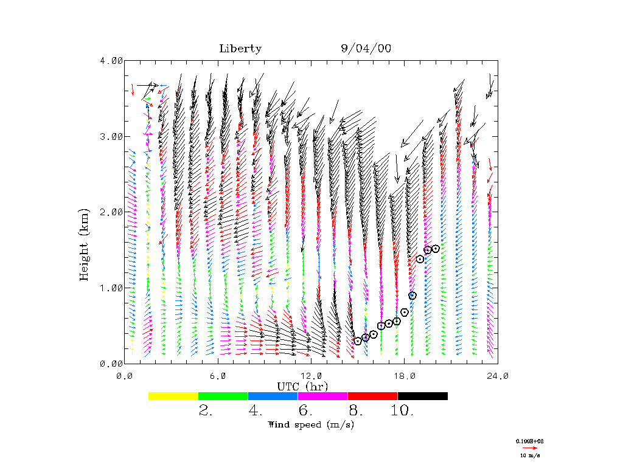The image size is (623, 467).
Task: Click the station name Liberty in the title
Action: tap(240, 49)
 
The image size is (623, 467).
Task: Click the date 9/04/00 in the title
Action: tap(366, 49)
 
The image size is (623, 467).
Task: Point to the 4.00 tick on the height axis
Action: tap(111, 60)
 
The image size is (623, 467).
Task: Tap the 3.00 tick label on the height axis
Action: tap(111, 136)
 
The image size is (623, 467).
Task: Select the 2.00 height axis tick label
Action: tap(111, 212)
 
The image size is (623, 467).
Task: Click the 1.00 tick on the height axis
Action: tap(111, 288)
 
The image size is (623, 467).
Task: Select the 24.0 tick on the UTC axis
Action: tap(498, 376)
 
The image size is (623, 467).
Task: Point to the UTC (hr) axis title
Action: tap(302, 387)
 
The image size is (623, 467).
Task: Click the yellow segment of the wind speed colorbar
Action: tap(173, 396)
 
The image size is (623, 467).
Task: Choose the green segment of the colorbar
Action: tap(223, 396)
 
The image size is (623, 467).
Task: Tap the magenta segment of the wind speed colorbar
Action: tap(323, 396)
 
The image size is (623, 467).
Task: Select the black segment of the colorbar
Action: tap(423, 396)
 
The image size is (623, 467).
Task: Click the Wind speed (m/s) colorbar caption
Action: tap(311, 424)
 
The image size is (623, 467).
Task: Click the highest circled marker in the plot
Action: tap(436, 249)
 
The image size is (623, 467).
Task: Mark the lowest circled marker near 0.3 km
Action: tap(358, 341)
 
